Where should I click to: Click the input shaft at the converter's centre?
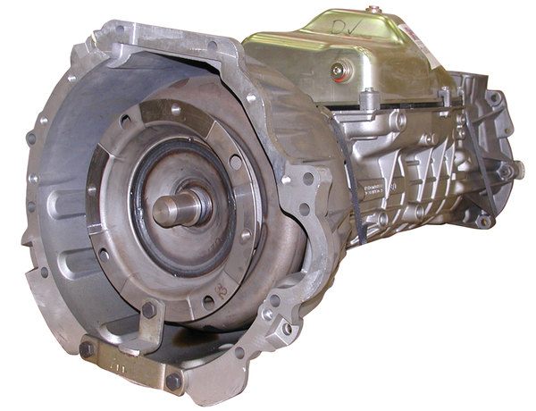coord(173,208)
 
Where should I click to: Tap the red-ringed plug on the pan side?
coord(337,69)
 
